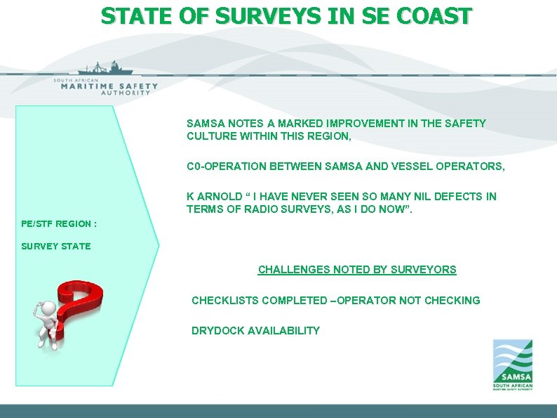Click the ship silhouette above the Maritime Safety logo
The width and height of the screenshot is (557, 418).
tap(105, 69)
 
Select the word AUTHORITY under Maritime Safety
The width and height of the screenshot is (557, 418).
tap(126, 93)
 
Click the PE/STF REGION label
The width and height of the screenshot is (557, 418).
tap(59, 224)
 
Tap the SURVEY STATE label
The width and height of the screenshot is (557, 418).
tap(56, 246)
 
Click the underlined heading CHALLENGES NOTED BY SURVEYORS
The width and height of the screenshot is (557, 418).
tap(357, 270)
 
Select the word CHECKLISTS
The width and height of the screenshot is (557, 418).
tap(224, 301)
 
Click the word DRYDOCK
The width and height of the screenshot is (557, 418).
tap(217, 331)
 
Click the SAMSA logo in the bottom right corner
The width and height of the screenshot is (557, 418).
tap(512, 365)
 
